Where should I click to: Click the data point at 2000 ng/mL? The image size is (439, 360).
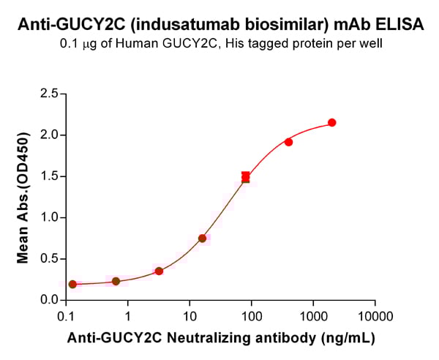click(332, 123)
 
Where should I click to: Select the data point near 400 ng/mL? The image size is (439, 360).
click(289, 142)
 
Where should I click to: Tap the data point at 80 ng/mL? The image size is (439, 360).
click(246, 177)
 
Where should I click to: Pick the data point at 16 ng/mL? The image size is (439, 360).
click(202, 239)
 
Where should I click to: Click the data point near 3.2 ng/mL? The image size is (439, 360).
click(159, 271)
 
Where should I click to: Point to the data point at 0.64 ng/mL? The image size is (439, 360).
click(116, 281)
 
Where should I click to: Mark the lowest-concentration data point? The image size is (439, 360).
click(72, 284)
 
